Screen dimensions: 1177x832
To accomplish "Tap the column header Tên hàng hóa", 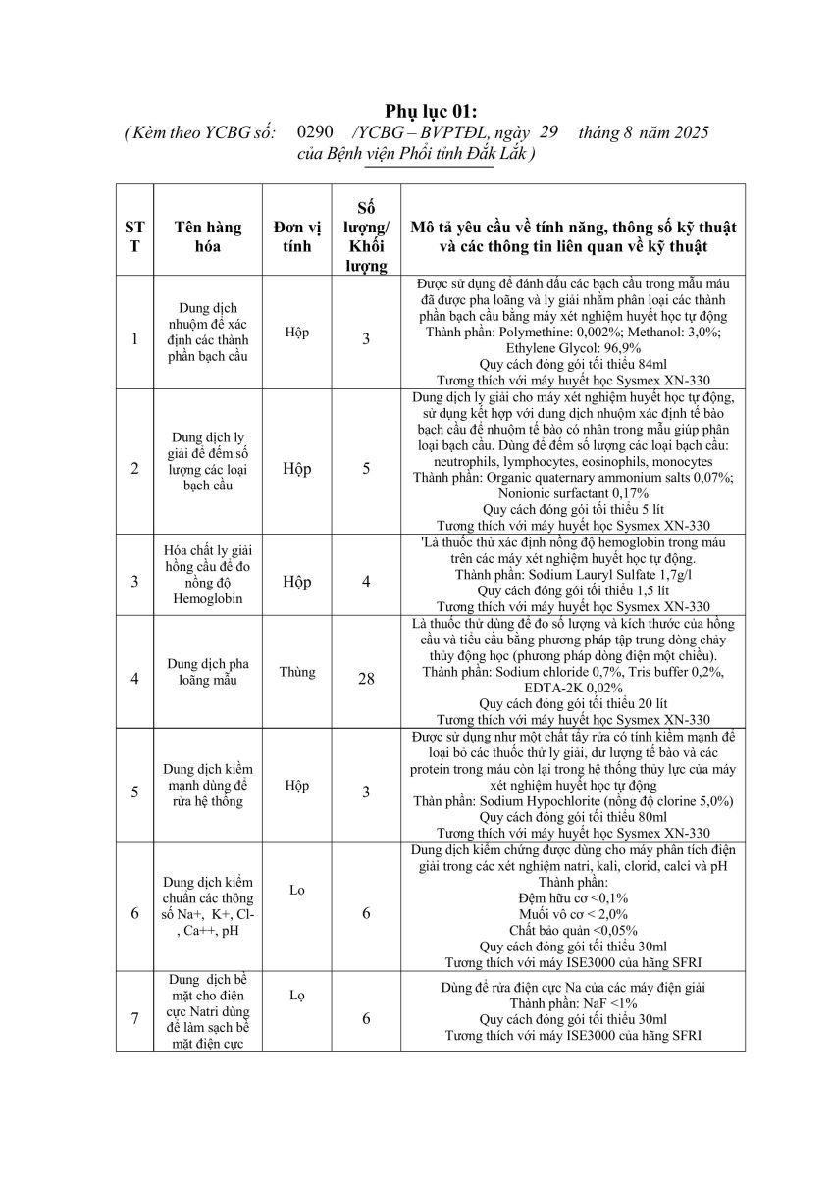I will [207, 236].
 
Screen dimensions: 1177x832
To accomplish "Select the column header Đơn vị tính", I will [296, 236].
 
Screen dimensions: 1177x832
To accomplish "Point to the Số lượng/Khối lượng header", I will [366, 235].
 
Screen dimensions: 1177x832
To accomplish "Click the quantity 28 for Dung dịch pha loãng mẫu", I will [366, 678].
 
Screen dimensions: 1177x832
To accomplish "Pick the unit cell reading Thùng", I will [296, 672].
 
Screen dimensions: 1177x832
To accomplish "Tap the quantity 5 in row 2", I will [366, 468].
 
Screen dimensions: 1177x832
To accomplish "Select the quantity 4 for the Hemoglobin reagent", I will [366, 582].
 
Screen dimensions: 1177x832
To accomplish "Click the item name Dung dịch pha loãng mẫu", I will [207, 672].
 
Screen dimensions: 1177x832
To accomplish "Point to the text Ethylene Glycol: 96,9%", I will [573, 347].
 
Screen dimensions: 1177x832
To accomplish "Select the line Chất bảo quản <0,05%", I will [573, 930].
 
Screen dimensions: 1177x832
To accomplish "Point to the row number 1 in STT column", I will [134, 339].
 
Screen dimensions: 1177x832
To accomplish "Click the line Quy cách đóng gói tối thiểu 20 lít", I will [573, 703].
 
